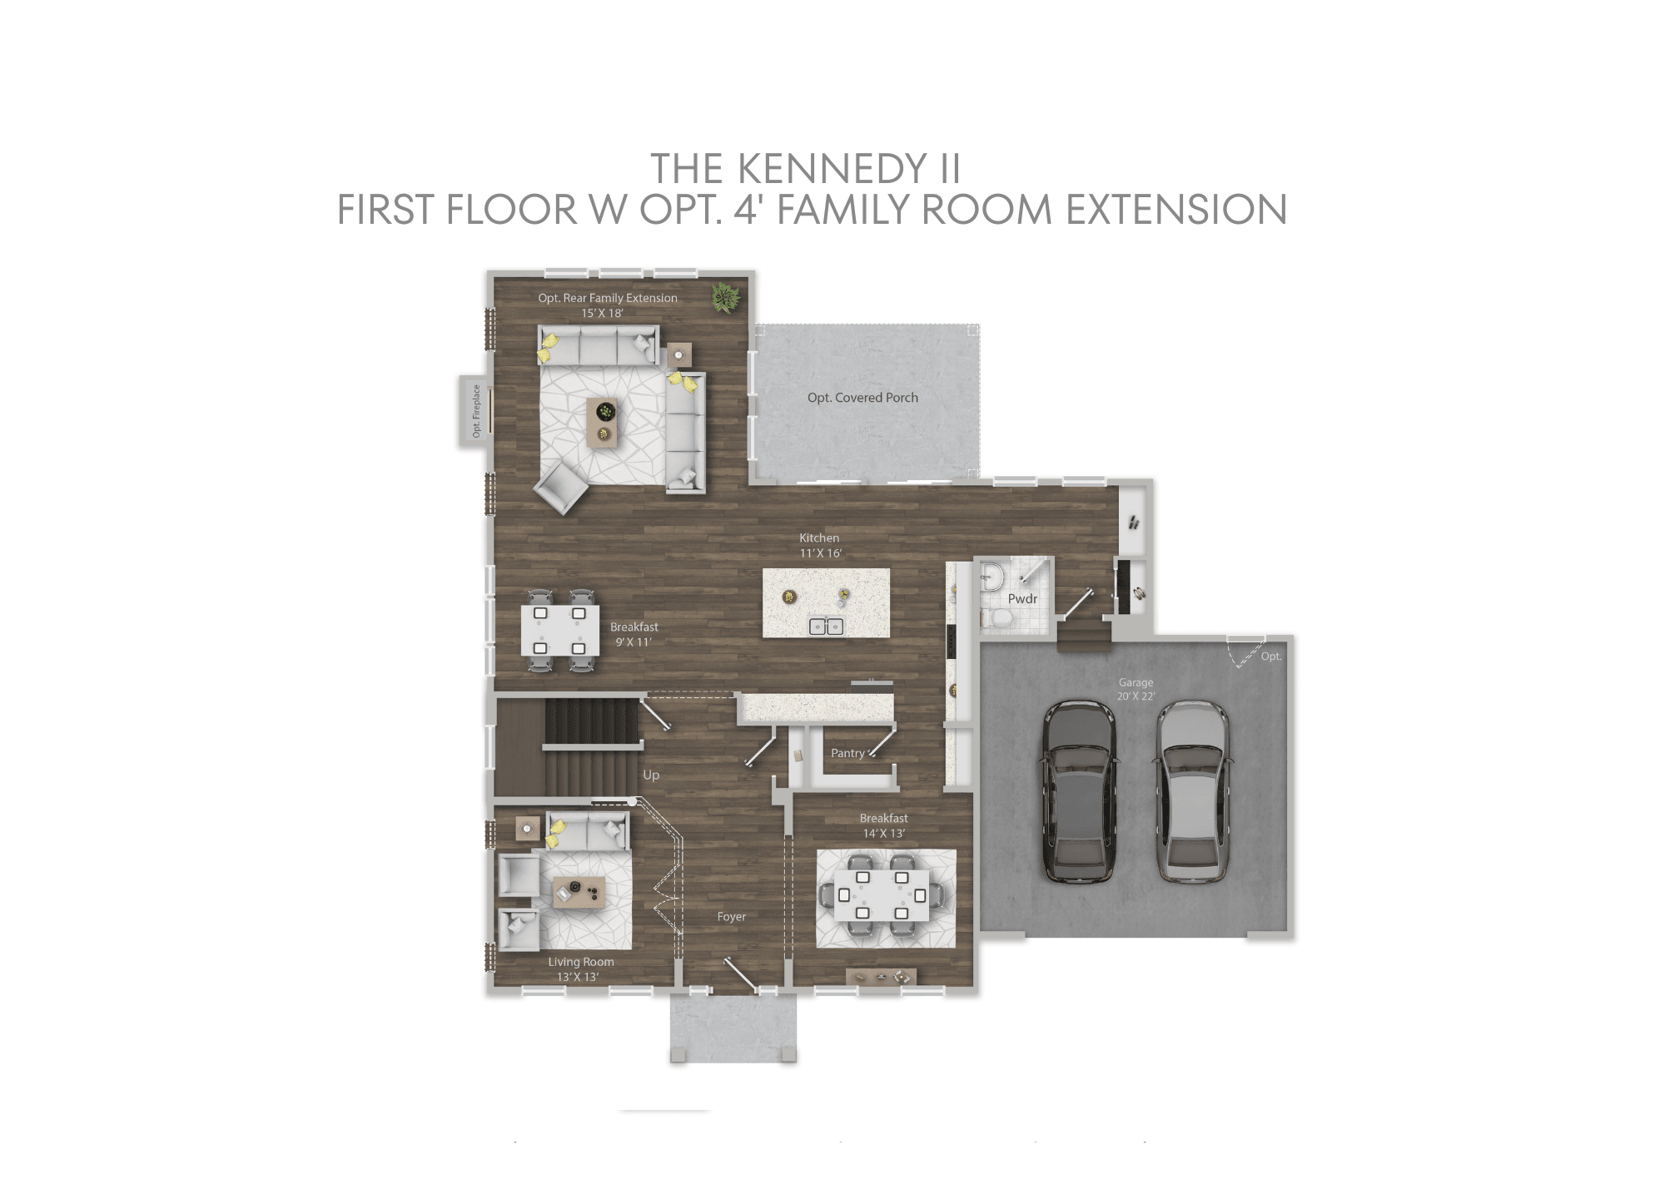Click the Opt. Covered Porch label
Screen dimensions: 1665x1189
tap(862, 398)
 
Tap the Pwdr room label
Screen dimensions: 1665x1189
tap(1022, 599)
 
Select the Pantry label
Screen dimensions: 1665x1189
tap(847, 753)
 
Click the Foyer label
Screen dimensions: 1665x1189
tap(731, 917)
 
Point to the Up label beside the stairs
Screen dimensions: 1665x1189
tap(651, 775)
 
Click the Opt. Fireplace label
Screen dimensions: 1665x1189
tap(476, 410)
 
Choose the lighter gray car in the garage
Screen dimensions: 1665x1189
tap(1191, 791)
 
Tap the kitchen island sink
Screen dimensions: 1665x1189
tap(826, 627)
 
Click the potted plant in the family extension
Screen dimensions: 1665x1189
tap(726, 297)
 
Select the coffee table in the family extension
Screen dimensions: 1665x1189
tap(603, 423)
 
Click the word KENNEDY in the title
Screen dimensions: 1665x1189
tap(832, 169)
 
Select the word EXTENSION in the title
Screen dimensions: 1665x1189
tap(1176, 210)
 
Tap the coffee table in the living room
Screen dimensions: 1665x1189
tap(579, 892)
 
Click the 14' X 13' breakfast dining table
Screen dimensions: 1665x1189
tap(882, 896)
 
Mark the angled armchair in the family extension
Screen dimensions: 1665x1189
tap(561, 488)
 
